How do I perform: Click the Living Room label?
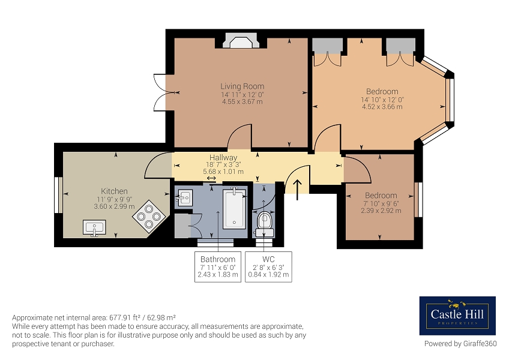[x=242, y=86]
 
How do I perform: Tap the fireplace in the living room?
[x=241, y=41]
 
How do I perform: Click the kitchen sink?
[x=94, y=227]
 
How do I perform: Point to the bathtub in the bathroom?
[x=234, y=208]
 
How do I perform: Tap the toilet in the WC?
[x=264, y=224]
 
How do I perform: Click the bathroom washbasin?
[x=184, y=197]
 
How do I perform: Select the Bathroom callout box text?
[x=218, y=267]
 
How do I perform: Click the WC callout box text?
[x=268, y=267]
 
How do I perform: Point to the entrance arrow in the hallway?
[x=297, y=190]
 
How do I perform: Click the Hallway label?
[x=223, y=158]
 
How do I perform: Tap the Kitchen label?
[x=114, y=191]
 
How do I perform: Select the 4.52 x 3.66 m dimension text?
[x=382, y=107]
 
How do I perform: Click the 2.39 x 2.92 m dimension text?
[x=381, y=211]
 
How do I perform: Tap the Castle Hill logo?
[x=457, y=316]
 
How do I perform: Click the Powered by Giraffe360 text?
[x=460, y=343]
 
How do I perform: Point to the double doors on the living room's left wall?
[x=160, y=92]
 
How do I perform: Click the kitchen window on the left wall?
[x=58, y=195]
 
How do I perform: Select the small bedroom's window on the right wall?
[x=419, y=199]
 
